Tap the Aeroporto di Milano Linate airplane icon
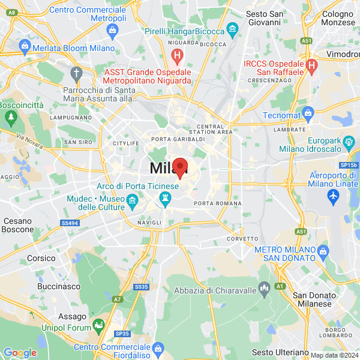334,196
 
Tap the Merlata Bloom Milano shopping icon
25,46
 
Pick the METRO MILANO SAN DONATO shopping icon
323,250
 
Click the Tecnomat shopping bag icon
308,112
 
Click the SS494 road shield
70,223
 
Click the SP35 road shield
122,333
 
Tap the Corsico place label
41,258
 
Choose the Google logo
20,353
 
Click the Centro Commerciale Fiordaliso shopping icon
158,348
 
